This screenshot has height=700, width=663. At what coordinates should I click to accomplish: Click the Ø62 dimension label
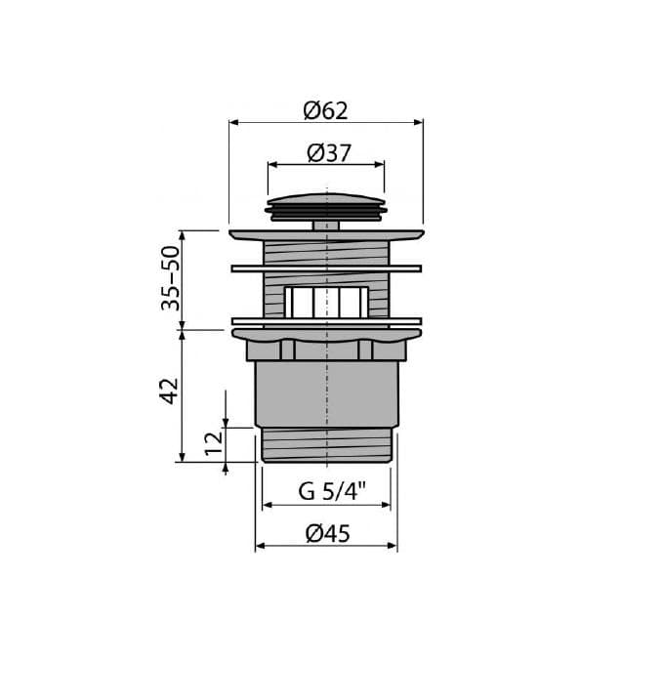click(x=325, y=110)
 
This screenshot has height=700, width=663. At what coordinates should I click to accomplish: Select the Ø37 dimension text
click(x=329, y=153)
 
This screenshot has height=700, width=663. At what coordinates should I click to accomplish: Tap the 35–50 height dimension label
click(x=171, y=277)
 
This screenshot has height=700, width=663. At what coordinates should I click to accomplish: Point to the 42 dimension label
click(x=169, y=391)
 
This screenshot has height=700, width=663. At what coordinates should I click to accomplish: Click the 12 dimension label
click(x=214, y=443)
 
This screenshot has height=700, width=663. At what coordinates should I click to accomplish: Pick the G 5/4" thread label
click(x=332, y=491)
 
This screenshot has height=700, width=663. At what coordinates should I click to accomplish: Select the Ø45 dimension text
click(x=328, y=533)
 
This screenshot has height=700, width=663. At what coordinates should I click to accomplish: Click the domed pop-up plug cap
click(x=326, y=206)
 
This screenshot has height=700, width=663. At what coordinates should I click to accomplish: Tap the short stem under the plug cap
click(x=326, y=226)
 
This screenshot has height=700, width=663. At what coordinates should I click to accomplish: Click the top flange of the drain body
click(x=326, y=235)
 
